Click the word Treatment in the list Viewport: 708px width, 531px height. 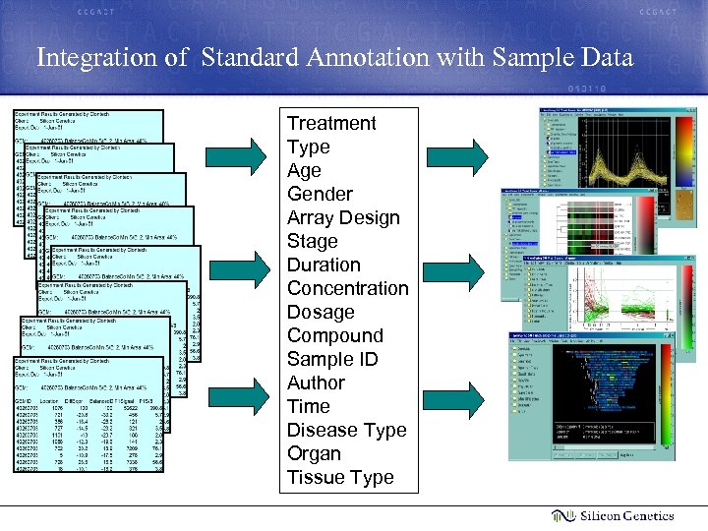coord(331,123)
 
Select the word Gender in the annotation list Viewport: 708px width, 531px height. coord(319,194)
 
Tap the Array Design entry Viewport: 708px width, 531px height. coord(343,217)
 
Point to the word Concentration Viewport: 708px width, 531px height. coord(347,288)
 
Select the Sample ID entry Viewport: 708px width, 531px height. coord(332,359)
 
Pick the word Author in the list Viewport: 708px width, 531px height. coord(316,383)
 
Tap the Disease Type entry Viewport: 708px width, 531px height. coord(346,430)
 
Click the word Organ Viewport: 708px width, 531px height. coord(314,453)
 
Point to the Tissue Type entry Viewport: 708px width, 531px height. coord(340,477)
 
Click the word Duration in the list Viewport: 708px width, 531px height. coord(324,265)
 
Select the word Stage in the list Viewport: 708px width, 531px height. coord(312,241)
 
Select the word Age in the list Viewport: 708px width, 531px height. coord(304,170)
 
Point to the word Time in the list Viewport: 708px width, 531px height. coord(308,406)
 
